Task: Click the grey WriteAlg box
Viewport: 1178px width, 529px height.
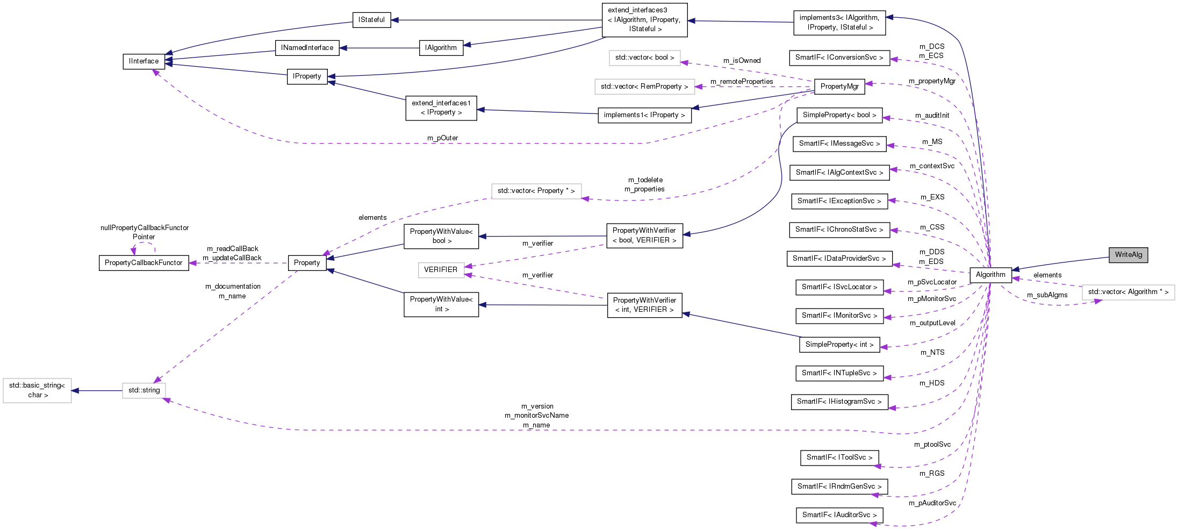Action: pos(1128,255)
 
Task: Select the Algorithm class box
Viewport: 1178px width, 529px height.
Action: pos(990,275)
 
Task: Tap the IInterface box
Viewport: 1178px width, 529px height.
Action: pos(143,61)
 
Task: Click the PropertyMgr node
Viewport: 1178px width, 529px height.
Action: pos(839,87)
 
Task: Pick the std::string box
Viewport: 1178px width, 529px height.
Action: pos(143,390)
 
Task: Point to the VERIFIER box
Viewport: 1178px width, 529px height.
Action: pos(441,270)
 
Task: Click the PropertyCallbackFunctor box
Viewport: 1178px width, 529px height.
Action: pos(143,263)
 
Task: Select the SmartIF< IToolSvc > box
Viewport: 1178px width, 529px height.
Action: pos(839,457)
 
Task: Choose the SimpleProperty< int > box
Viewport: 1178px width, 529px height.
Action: pos(839,345)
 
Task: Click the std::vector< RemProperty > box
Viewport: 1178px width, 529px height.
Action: pos(644,87)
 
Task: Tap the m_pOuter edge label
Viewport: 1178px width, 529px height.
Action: pos(442,138)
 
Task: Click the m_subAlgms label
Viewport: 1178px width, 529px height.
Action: pos(1047,295)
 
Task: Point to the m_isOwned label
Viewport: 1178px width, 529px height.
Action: pos(742,61)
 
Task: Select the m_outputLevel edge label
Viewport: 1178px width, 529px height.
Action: pos(932,323)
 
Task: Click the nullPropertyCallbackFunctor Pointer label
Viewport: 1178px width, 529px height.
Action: pos(144,232)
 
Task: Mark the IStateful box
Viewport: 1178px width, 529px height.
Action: pos(371,20)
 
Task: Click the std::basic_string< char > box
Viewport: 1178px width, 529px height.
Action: pos(37,390)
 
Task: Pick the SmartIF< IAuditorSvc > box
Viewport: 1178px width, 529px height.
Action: pos(839,515)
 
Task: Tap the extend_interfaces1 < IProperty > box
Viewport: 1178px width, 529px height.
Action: pos(441,108)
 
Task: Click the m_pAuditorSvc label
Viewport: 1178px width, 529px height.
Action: pos(932,503)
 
